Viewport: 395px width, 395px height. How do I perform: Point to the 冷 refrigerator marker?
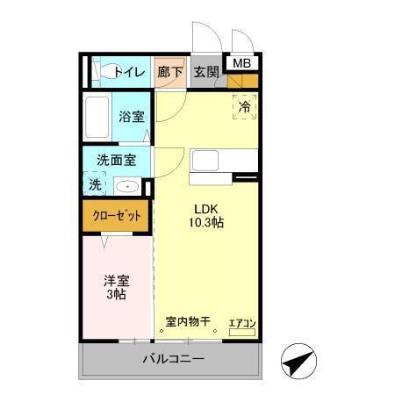click(245, 106)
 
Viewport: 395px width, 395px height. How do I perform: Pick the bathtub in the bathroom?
click(97, 117)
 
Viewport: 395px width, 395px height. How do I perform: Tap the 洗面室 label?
click(116, 161)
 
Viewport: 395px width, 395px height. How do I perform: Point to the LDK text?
click(206, 209)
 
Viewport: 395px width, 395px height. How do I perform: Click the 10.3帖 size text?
click(206, 223)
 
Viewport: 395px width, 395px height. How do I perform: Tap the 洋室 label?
click(117, 281)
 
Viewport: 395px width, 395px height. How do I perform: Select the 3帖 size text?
click(117, 295)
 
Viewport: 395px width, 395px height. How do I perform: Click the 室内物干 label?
click(188, 321)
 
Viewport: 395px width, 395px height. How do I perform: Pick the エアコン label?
click(241, 323)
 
